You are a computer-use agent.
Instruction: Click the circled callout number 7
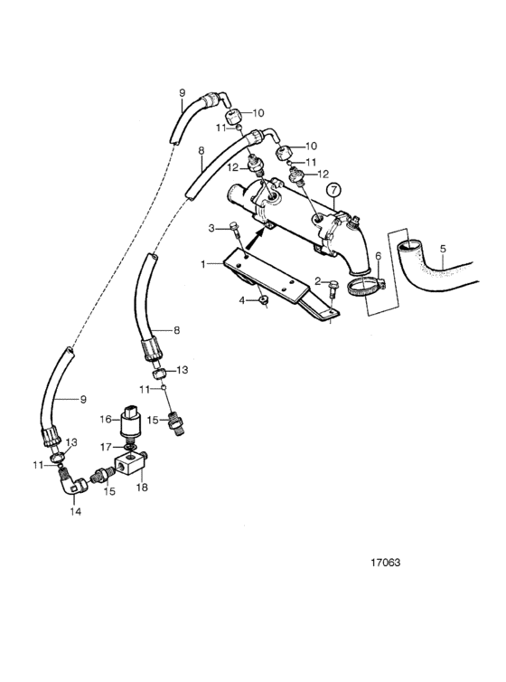[333, 190]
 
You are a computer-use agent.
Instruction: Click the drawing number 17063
[385, 563]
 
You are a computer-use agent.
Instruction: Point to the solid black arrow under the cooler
[257, 238]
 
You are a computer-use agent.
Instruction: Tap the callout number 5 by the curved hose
[443, 250]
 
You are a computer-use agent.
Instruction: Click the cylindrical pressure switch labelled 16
[130, 422]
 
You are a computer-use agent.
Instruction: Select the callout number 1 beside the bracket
[202, 263]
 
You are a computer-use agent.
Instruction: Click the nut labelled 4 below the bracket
[262, 299]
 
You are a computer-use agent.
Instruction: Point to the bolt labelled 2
[333, 287]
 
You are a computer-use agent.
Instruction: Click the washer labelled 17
[130, 447]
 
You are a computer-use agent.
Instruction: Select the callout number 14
[76, 512]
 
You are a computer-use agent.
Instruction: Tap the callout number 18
[142, 488]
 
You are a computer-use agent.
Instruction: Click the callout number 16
[106, 420]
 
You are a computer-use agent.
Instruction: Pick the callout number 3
[211, 228]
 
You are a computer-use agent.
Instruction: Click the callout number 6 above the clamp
[378, 256]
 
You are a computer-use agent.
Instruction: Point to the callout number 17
[106, 447]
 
